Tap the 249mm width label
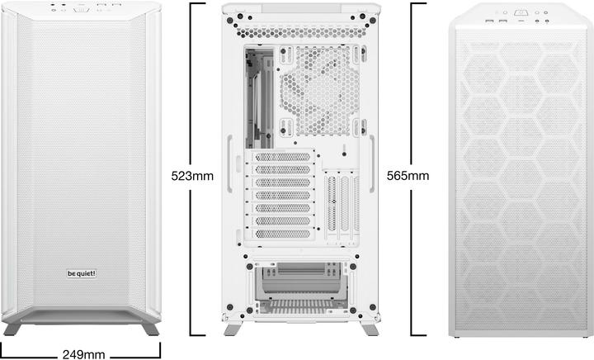click(84, 354)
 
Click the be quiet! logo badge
click(81, 273)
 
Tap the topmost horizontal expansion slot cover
click(283, 158)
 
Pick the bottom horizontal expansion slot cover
click(283, 234)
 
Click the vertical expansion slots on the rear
click(342, 207)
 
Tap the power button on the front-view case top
click(81, 11)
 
